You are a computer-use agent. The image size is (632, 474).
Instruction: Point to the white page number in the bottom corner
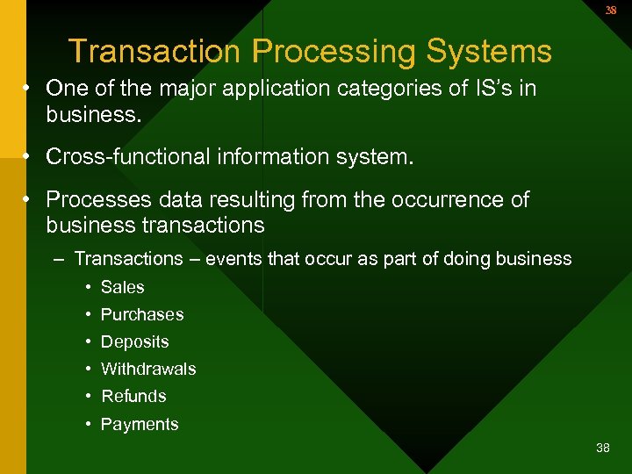[x=602, y=448]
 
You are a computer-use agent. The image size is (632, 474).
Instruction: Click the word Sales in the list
[x=123, y=287]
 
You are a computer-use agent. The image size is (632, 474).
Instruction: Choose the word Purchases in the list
[x=142, y=314]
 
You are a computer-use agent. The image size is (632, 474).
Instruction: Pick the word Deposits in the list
[x=134, y=341]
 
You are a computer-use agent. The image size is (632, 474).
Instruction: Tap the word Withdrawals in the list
[x=148, y=369]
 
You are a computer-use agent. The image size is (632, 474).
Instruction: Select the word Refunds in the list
[x=133, y=396]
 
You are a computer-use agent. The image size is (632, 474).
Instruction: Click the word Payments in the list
[x=140, y=424]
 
